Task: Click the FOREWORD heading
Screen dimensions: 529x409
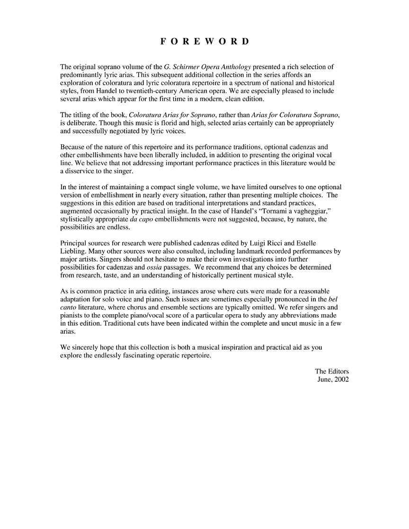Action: pyautogui.click(x=204, y=41)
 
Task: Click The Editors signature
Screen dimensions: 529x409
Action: pyautogui.click(x=332, y=371)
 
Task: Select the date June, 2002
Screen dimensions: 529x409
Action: pyautogui.click(x=333, y=379)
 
